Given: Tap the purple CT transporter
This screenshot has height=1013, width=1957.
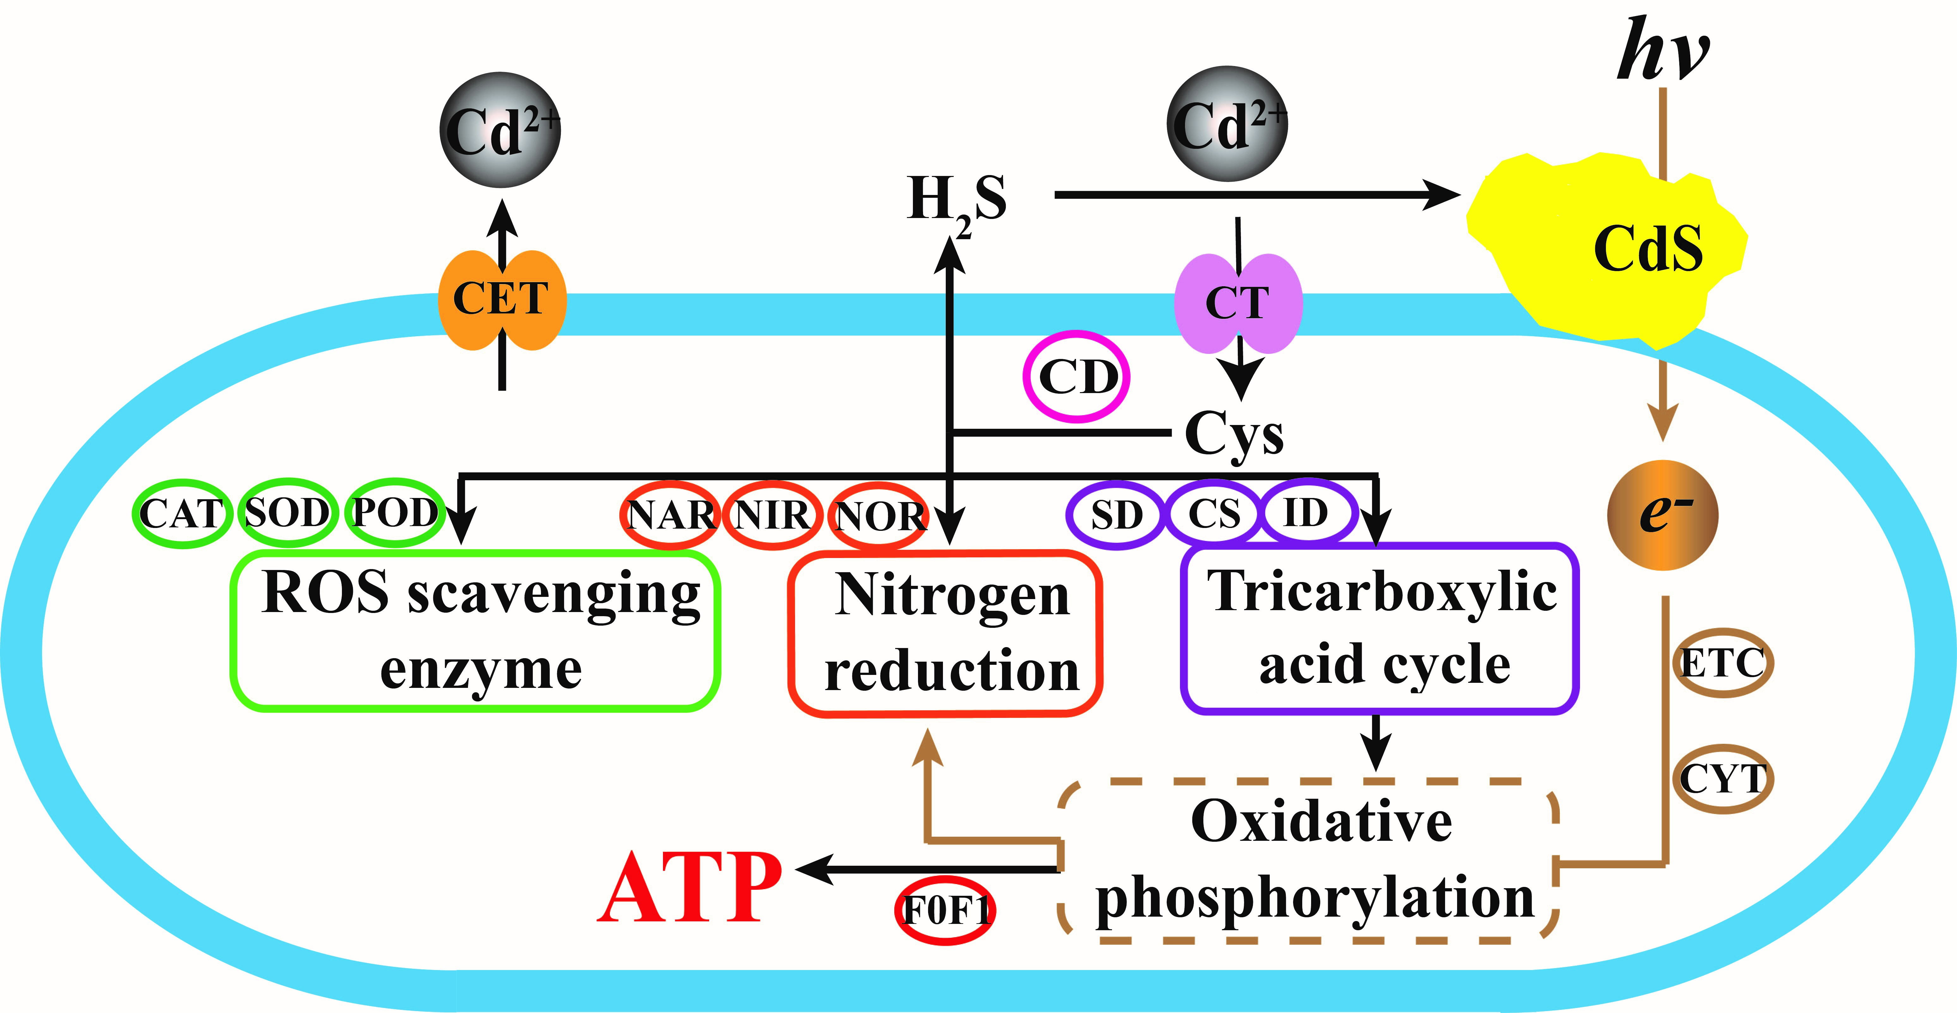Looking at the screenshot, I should click(1238, 302).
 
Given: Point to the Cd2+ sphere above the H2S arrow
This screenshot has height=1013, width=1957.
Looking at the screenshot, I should click(1227, 125).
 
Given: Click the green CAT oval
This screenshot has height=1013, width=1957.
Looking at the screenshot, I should click(181, 513).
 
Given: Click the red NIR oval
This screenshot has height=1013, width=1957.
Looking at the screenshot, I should click(772, 515).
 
